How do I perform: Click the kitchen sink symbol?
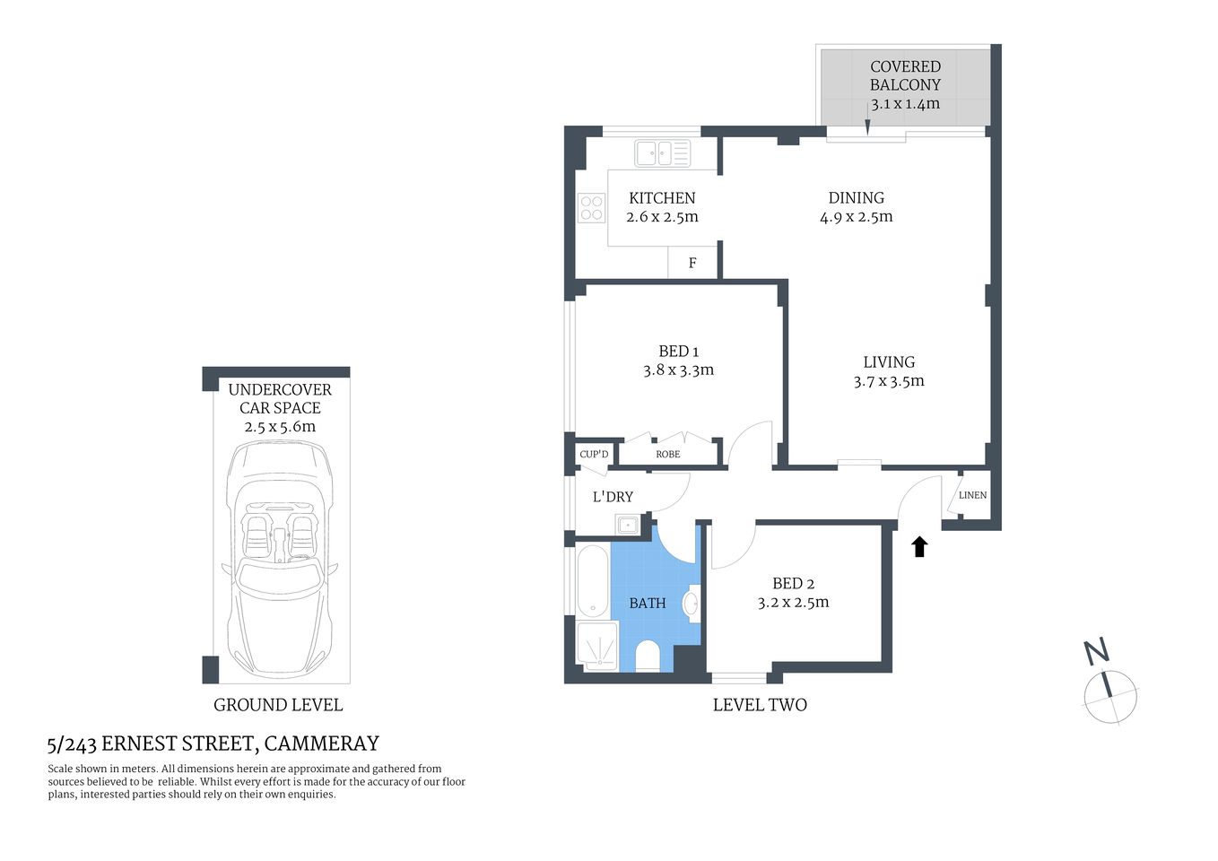662,153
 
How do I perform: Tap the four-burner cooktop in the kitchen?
592,208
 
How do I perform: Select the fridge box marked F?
692,263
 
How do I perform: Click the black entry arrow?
919,546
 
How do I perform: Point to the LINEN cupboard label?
972,495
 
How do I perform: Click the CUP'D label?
594,454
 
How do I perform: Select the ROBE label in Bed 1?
667,454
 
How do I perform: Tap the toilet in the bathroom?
648,656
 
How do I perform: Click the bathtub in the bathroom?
592,581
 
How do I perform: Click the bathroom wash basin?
692,604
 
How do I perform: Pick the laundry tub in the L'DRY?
631,524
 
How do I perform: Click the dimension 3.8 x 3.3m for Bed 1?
678,370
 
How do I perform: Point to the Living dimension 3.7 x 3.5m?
888,381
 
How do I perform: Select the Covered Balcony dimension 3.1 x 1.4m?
905,104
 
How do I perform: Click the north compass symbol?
1110,695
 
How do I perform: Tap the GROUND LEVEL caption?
278,705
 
